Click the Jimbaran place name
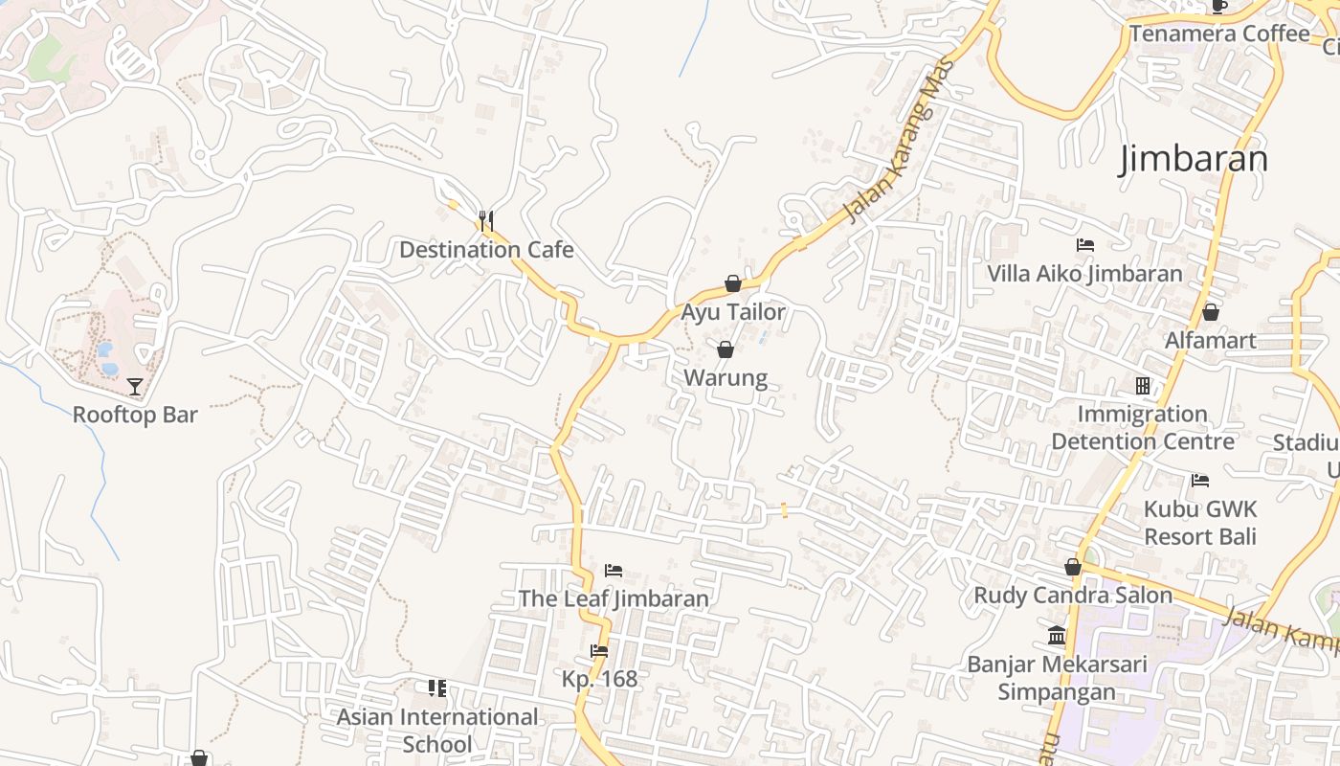tap(1194, 159)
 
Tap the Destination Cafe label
tap(486, 250)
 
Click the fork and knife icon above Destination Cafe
tap(486, 221)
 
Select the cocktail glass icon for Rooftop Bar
tap(135, 387)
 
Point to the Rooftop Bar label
tap(135, 415)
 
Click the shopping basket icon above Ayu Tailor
tap(733, 283)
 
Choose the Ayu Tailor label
tap(733, 312)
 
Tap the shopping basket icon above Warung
tap(726, 349)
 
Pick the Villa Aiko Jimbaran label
tap(1085, 274)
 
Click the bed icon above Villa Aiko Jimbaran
tap(1085, 245)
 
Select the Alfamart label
tap(1211, 341)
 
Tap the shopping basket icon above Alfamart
tap(1211, 312)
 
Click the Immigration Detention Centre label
tap(1143, 428)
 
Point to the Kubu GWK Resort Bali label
tap(1200, 523)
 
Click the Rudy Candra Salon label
tap(1073, 596)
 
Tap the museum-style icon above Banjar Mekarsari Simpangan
tap(1058, 635)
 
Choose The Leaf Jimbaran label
tap(614, 599)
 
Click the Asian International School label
tap(437, 731)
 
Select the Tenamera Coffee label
tap(1219, 34)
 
